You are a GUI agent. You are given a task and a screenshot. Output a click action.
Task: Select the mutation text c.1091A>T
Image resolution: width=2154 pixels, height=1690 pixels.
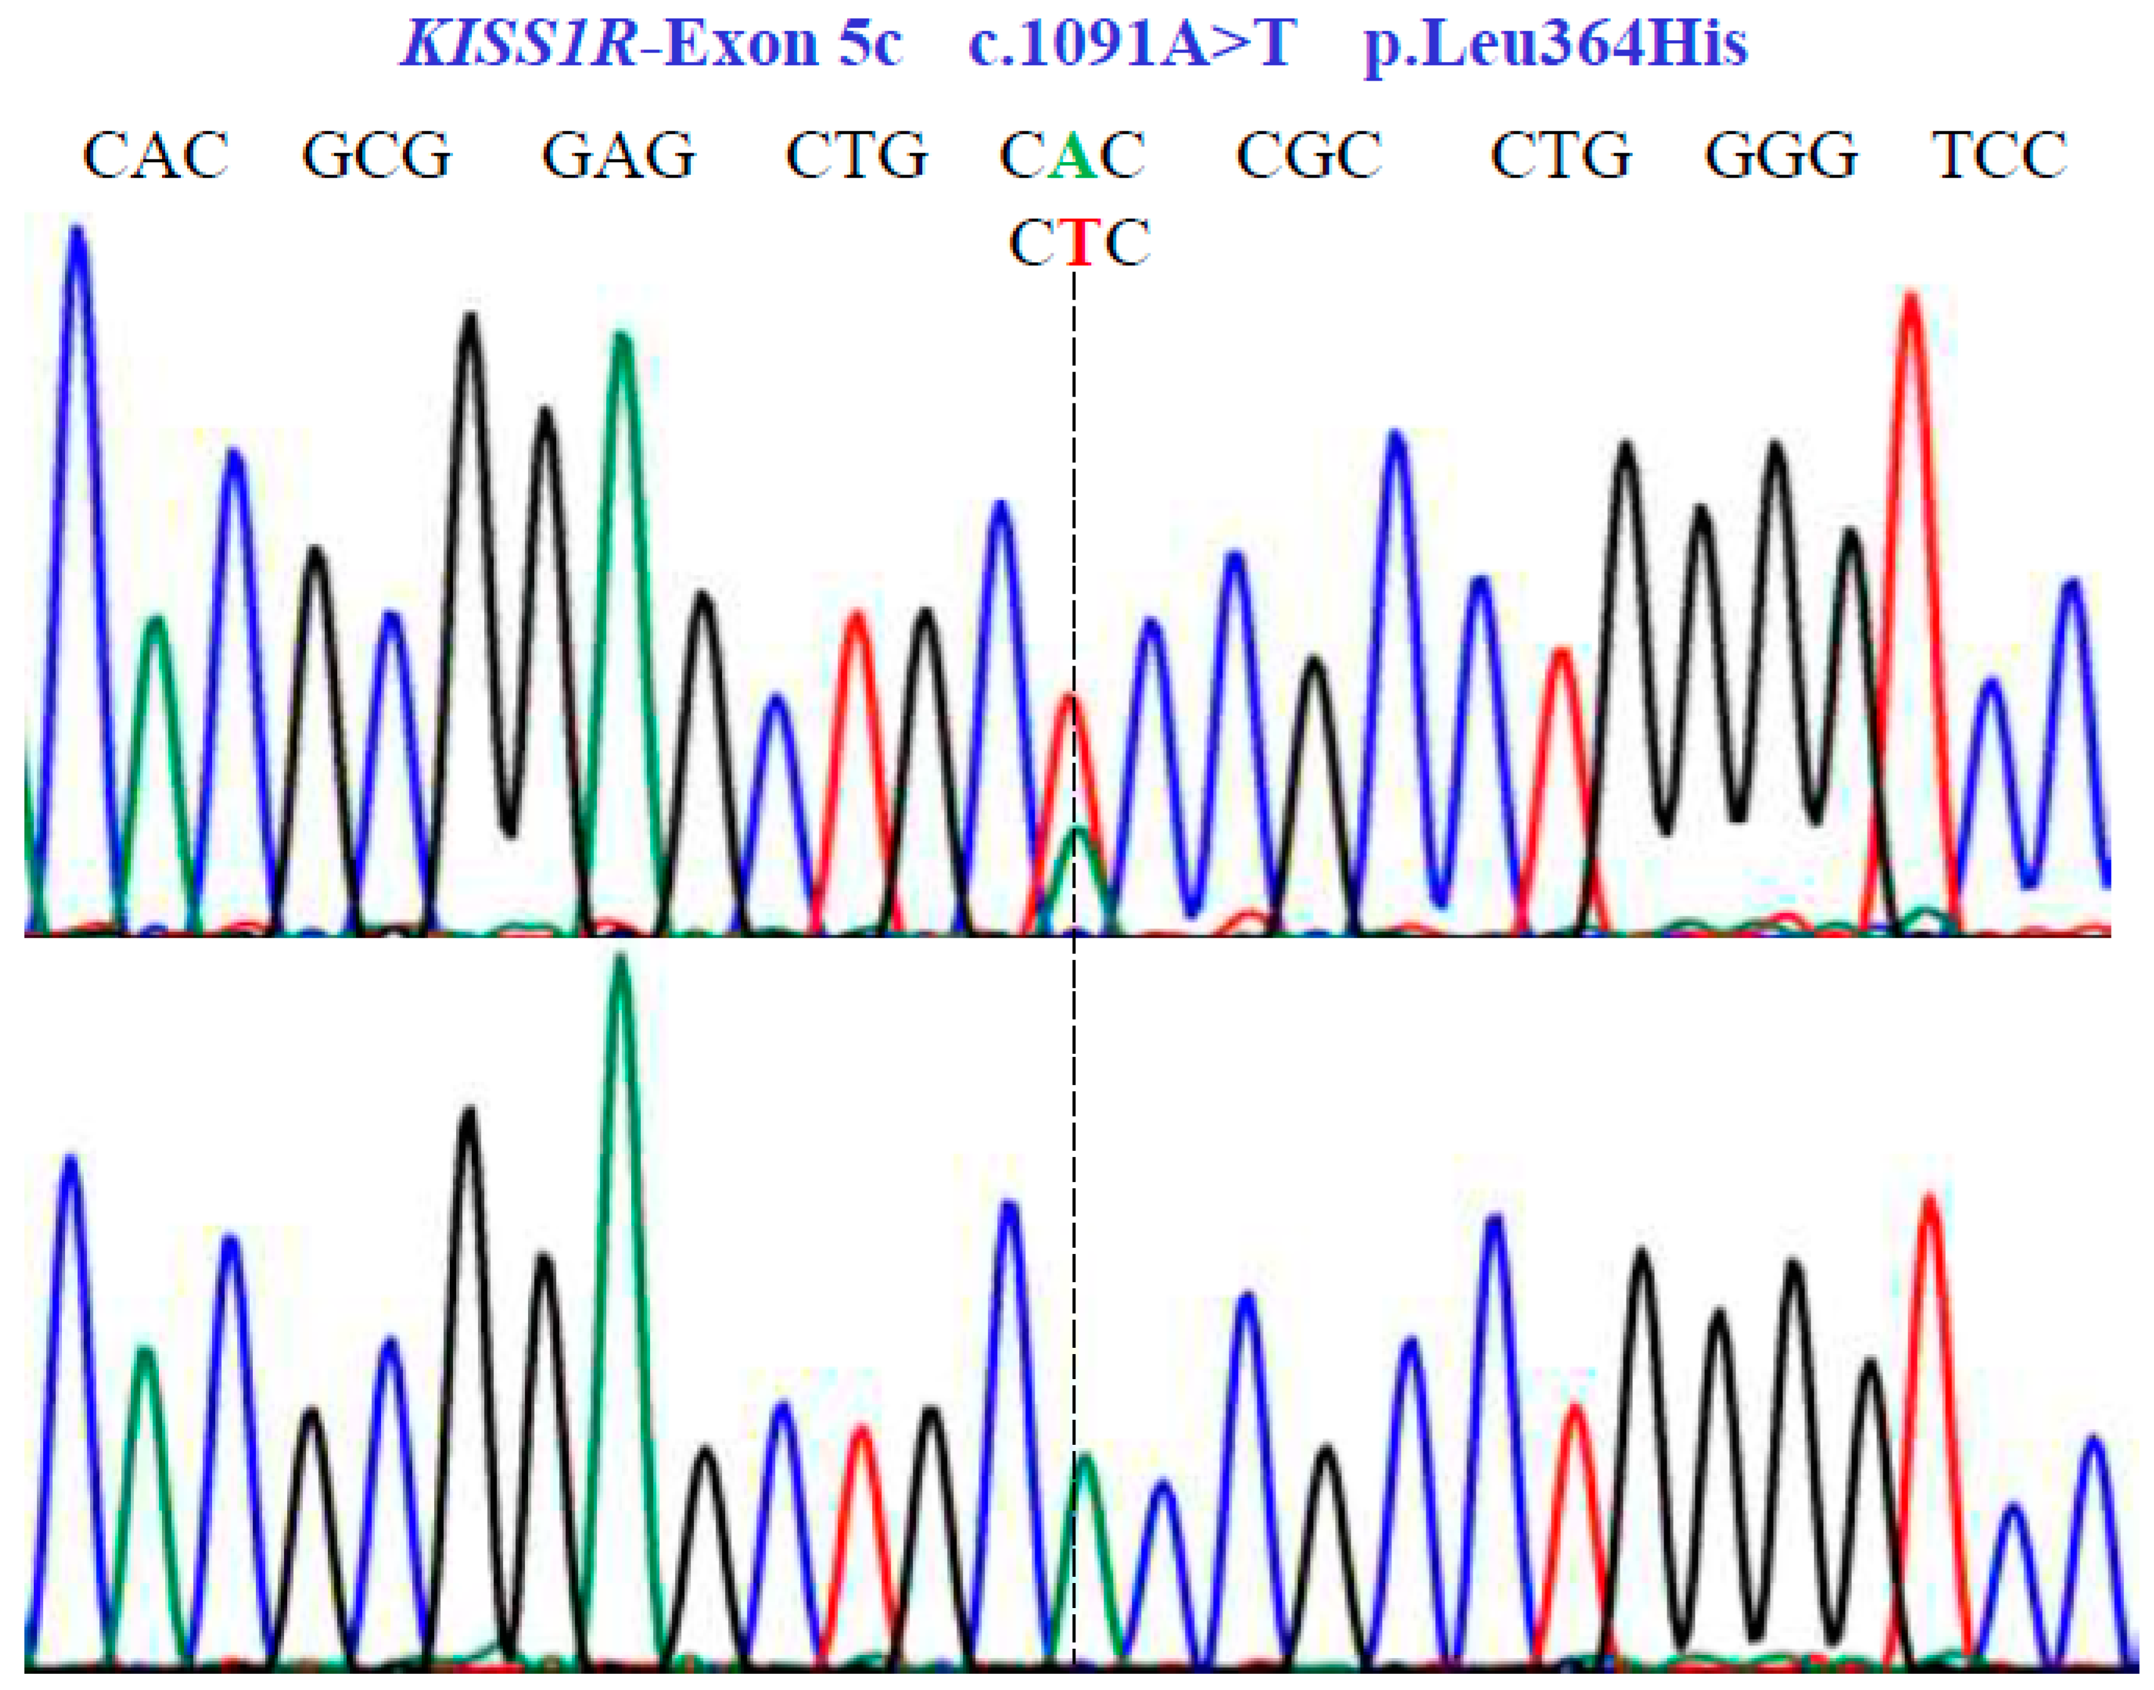click(1132, 44)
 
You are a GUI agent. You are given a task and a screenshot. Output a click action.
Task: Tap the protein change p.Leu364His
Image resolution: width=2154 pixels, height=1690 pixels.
click(1555, 44)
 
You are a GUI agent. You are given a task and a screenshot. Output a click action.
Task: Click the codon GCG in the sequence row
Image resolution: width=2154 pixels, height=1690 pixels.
click(377, 156)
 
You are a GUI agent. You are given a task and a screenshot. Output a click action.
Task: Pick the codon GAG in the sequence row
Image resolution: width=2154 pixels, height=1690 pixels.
click(619, 156)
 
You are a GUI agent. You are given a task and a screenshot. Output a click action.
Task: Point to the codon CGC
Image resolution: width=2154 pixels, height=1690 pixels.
click(1309, 156)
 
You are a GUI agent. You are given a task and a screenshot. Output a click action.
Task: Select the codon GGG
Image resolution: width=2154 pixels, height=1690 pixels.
click(1781, 156)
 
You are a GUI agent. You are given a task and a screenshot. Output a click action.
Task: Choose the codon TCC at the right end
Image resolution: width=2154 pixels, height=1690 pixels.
click(1999, 156)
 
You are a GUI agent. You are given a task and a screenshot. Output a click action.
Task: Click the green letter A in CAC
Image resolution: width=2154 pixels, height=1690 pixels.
click(1072, 156)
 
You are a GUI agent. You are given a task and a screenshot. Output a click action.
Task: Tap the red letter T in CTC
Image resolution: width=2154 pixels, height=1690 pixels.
click(1079, 243)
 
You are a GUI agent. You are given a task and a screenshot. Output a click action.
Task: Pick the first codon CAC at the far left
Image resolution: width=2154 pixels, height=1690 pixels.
click(156, 156)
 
